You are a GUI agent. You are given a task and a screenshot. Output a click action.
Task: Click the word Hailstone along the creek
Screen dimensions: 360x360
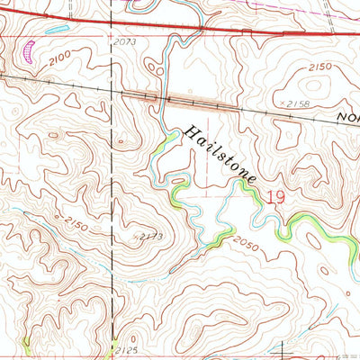tap(220, 156)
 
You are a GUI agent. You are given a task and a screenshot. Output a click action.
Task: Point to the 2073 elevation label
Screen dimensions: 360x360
tap(125, 42)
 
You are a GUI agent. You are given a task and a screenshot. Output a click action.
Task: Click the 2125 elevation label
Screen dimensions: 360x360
tap(128, 347)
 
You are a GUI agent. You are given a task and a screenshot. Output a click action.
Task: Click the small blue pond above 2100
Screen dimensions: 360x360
tap(56, 30)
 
